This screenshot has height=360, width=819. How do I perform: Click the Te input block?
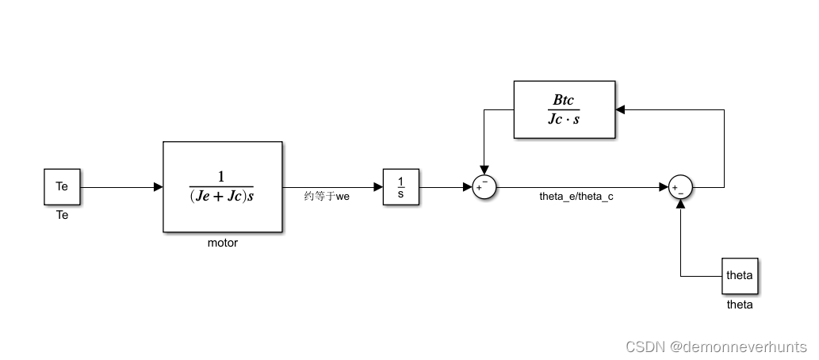coord(62,187)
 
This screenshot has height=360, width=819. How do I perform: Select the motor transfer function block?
coord(222,187)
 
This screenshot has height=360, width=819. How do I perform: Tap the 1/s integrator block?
coord(400,187)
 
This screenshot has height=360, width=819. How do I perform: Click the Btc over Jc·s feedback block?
coord(564,110)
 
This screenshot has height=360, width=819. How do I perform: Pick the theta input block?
coord(739,276)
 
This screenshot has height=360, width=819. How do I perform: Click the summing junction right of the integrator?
coord(483,187)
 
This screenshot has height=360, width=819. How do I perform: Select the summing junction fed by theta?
coord(680,187)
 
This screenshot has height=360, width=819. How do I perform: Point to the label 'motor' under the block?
coord(222,243)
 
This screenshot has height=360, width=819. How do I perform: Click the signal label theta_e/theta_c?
coord(576,197)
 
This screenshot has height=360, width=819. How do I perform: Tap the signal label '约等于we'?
coord(327,197)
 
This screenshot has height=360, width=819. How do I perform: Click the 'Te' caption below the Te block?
coord(62,215)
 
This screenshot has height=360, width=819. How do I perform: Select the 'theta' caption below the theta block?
coord(739,304)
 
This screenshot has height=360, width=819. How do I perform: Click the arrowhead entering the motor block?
coord(158,187)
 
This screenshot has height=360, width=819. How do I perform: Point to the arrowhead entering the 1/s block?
coord(378,187)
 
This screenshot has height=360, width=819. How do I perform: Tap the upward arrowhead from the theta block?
coord(680,204)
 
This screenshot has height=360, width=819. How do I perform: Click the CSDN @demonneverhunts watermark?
coord(716,347)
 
